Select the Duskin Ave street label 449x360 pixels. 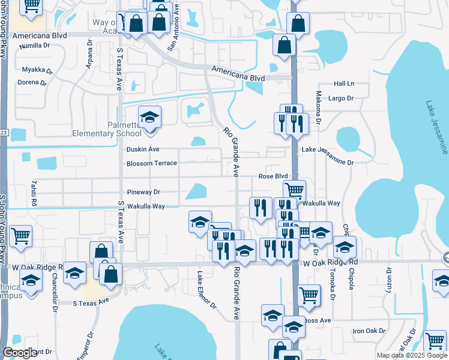click(143, 149)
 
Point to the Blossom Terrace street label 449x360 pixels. click(151, 164)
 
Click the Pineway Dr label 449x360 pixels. click(143, 193)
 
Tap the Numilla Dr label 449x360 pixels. click(35, 46)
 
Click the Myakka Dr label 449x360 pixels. click(34, 70)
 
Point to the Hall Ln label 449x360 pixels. click(345, 83)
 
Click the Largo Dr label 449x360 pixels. click(341, 98)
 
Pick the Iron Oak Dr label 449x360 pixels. click(367, 331)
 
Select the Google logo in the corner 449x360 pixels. click(20, 353)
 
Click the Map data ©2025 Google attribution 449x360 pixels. click(411, 355)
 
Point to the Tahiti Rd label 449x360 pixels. click(34, 194)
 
